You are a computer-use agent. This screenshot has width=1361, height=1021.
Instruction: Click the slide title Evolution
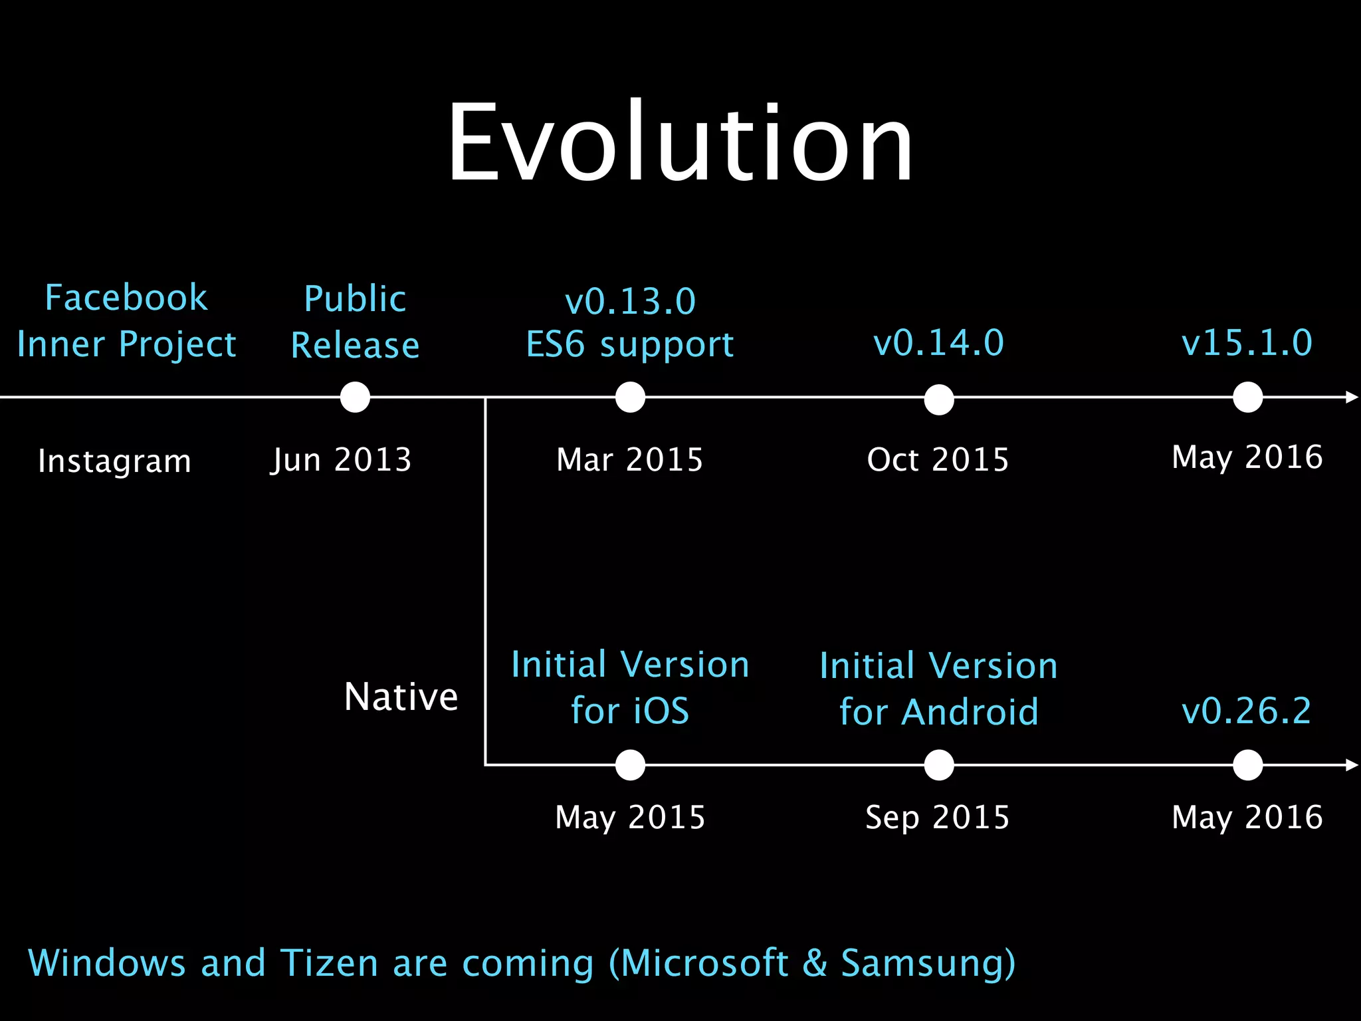coord(680,143)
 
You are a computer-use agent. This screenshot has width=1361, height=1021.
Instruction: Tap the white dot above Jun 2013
coord(355,397)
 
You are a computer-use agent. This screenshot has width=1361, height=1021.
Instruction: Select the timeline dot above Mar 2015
coord(630,397)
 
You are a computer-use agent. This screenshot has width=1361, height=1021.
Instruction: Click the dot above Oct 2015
coord(938,399)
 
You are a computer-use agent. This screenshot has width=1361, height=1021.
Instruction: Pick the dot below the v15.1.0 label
coord(1247,397)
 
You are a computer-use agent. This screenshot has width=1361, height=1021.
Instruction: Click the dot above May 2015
coord(630,765)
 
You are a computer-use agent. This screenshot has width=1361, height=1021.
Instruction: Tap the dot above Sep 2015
coord(938,765)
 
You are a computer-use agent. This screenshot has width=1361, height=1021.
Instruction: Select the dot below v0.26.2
coord(1247,765)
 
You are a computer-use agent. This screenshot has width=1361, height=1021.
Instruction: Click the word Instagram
coord(114,461)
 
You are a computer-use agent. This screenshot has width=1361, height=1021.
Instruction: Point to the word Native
coord(401,697)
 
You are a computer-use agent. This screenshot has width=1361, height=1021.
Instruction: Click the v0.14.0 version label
coord(938,343)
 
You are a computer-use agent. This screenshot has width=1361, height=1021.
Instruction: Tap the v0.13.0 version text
coord(630,301)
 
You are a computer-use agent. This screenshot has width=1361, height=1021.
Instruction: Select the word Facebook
coord(126,297)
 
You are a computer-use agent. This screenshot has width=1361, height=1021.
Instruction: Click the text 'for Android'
coord(938,712)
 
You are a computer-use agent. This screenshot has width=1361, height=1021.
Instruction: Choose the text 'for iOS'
coord(630,711)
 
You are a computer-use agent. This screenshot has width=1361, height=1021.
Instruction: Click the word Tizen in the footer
coord(329,963)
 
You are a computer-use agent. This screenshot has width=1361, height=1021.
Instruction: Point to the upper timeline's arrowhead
coord(1352,397)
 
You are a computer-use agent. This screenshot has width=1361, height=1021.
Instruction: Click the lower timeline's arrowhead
coord(1352,765)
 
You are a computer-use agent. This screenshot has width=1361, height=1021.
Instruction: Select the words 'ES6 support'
coord(630,345)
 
